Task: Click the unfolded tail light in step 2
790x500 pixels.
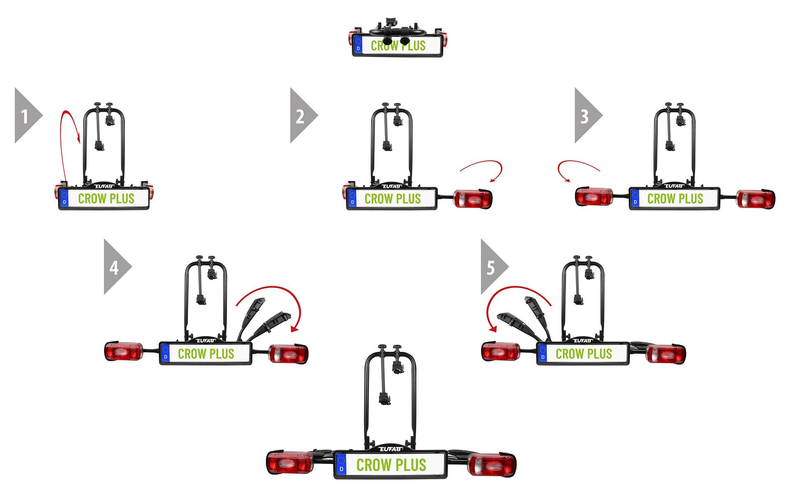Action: coord(473,199)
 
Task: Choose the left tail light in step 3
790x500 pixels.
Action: coord(593,197)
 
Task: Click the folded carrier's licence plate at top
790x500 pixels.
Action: coord(397,46)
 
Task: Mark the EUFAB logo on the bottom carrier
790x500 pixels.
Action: coord(391,449)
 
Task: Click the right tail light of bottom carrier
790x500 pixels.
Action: coord(492,465)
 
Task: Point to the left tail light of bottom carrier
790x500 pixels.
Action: coord(290,463)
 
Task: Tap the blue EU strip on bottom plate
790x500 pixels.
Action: coord(341,465)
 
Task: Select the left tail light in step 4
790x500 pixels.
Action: coord(123,351)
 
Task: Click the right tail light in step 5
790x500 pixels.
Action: coord(665,354)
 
